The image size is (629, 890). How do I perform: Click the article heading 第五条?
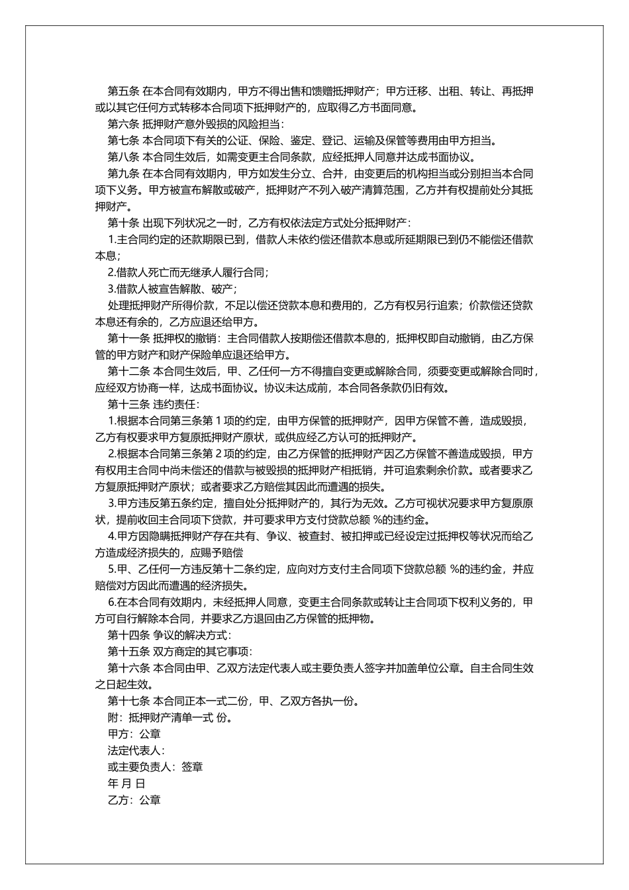pos(123,91)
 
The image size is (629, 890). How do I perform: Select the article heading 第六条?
pos(123,124)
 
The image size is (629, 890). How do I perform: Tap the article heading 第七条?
pos(123,140)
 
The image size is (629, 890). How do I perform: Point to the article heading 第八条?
pos(123,157)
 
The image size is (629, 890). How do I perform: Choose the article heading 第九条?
pos(123,173)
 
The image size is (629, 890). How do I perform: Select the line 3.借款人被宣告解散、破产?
pos(172,289)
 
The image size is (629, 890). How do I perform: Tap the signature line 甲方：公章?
pos(134,734)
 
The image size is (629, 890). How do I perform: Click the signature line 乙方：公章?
pos(134,800)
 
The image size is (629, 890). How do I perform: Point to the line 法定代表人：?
pos(136,750)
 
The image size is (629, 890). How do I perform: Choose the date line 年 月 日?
pos(126,783)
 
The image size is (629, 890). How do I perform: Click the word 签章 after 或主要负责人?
pos(192,767)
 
